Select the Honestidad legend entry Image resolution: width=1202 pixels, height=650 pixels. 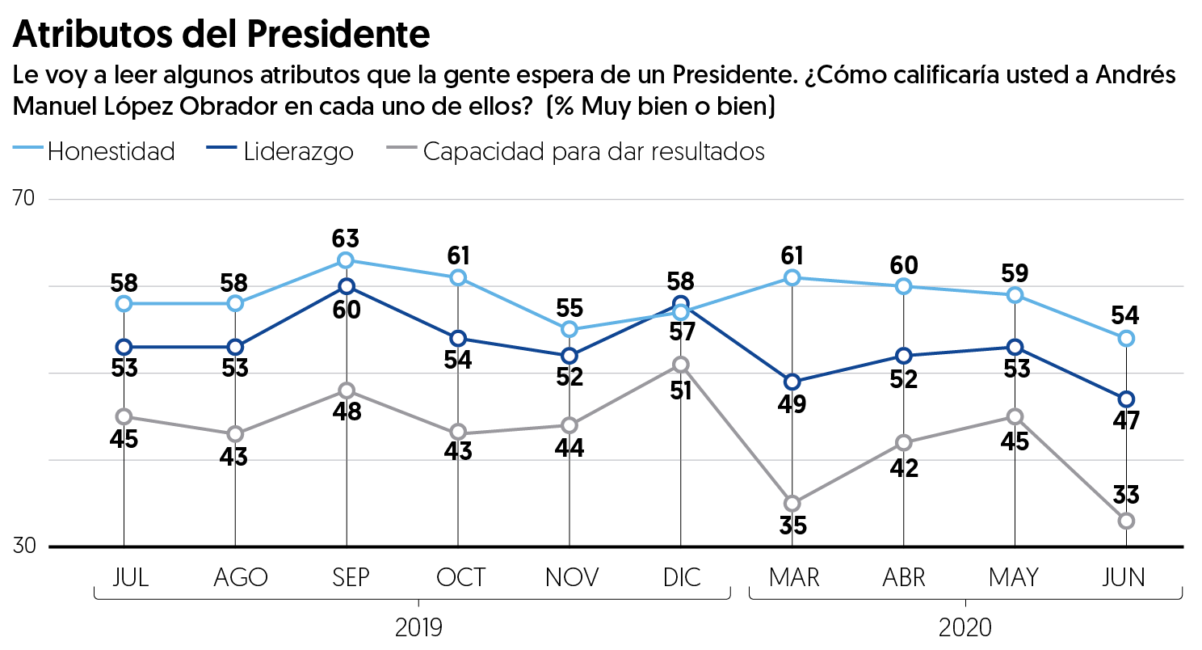click(111, 151)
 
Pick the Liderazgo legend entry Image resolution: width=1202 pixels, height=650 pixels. click(298, 151)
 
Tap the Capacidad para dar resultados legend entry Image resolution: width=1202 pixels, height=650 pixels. click(593, 151)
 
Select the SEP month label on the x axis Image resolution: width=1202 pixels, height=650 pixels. click(347, 577)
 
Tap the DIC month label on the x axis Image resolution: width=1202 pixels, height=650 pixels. click(680, 577)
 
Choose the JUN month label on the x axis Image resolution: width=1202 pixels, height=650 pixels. click(1125, 577)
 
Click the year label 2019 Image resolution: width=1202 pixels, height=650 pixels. click(418, 628)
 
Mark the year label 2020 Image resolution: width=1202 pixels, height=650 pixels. click(965, 628)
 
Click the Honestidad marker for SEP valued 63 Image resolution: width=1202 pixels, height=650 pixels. click(347, 260)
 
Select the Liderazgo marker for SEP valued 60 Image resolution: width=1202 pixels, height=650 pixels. click(347, 286)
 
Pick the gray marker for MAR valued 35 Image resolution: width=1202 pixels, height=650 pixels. click(792, 504)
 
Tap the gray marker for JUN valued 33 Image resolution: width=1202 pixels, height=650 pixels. click(1126, 521)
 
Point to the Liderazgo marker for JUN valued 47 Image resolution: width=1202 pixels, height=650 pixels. click(1126, 399)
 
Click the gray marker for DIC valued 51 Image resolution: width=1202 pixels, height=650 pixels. click(680, 365)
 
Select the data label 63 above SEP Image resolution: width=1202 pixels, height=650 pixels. click(347, 239)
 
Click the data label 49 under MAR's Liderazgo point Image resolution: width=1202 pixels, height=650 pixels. click(792, 403)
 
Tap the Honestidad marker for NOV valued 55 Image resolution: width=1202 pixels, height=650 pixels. click(569, 329)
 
